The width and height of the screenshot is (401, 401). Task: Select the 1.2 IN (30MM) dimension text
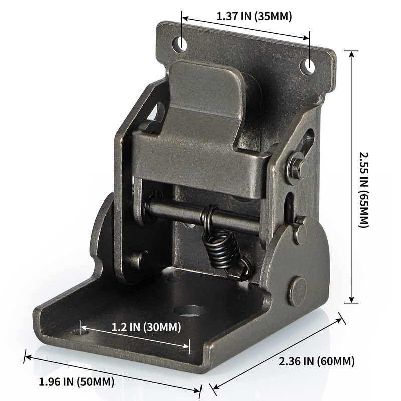coord(139,327)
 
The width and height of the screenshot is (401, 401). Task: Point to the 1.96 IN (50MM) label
coord(77,382)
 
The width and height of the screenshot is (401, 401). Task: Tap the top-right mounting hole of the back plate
coord(309,66)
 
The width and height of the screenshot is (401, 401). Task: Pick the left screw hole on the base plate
coord(77,331)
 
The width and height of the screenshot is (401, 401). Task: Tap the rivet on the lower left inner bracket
coord(136,259)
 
